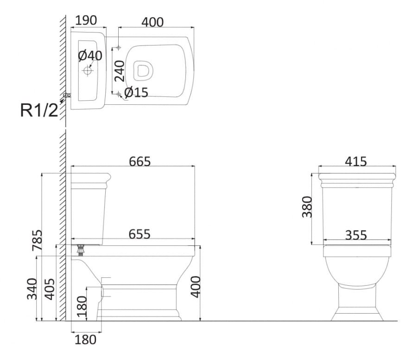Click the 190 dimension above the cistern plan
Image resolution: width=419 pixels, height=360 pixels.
(86, 20)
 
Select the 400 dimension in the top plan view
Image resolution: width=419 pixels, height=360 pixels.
(152, 22)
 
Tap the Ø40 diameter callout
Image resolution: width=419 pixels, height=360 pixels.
(90, 56)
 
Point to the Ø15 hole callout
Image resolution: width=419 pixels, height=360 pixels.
(136, 92)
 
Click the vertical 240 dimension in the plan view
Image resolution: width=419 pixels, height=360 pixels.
(120, 71)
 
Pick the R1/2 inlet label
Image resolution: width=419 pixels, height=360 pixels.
(39, 110)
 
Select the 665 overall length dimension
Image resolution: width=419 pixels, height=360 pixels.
(140, 161)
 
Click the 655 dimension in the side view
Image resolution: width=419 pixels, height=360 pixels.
(140, 234)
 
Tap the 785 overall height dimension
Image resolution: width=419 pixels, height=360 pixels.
(37, 240)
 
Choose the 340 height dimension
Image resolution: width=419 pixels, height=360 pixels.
(32, 289)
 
